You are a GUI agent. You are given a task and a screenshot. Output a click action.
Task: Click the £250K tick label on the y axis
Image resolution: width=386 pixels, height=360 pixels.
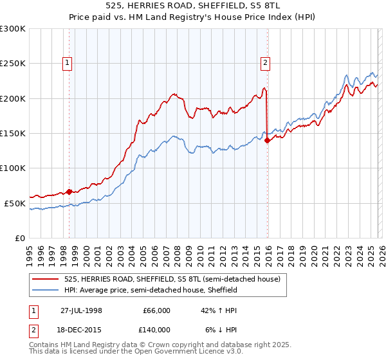click(x=13, y=64)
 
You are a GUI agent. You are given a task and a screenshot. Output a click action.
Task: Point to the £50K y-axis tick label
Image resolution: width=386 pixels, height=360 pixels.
click(x=15, y=203)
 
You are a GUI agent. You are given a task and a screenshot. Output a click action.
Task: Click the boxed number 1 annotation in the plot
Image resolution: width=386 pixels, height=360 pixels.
click(x=68, y=62)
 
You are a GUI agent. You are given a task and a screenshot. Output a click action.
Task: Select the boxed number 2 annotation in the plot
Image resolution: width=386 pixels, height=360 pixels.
click(x=265, y=62)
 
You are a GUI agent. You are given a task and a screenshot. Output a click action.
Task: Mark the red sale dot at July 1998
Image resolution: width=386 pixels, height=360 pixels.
click(x=69, y=192)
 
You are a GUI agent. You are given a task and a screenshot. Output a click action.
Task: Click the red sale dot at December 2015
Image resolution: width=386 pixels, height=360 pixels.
click(x=267, y=141)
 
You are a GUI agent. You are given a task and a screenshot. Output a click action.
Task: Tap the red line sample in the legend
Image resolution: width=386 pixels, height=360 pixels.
click(x=45, y=280)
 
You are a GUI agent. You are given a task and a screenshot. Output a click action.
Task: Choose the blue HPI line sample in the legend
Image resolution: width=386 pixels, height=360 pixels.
click(x=45, y=290)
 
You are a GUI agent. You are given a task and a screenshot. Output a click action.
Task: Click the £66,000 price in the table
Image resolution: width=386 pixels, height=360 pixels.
click(x=156, y=310)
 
